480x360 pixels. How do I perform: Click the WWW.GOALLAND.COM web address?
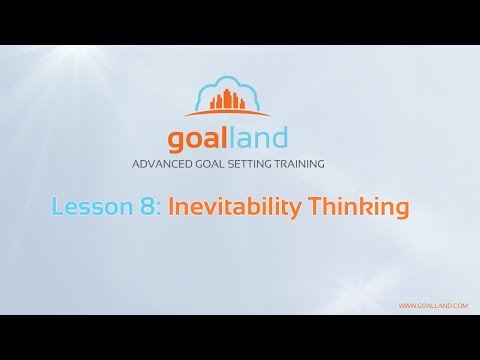click(x=433, y=305)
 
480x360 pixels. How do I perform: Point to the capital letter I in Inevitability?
click(x=171, y=208)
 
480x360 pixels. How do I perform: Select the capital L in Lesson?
click(x=56, y=208)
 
